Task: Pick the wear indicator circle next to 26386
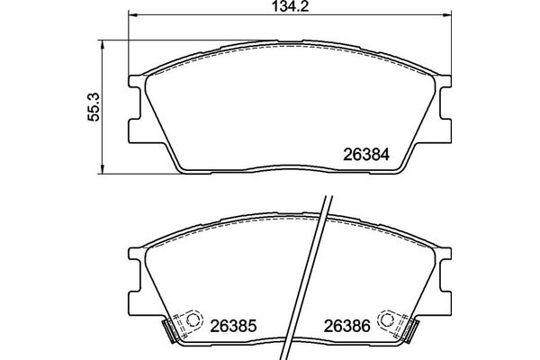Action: [x=389, y=318]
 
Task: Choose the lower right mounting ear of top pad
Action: [x=442, y=131]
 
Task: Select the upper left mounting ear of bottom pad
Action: [x=134, y=257]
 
